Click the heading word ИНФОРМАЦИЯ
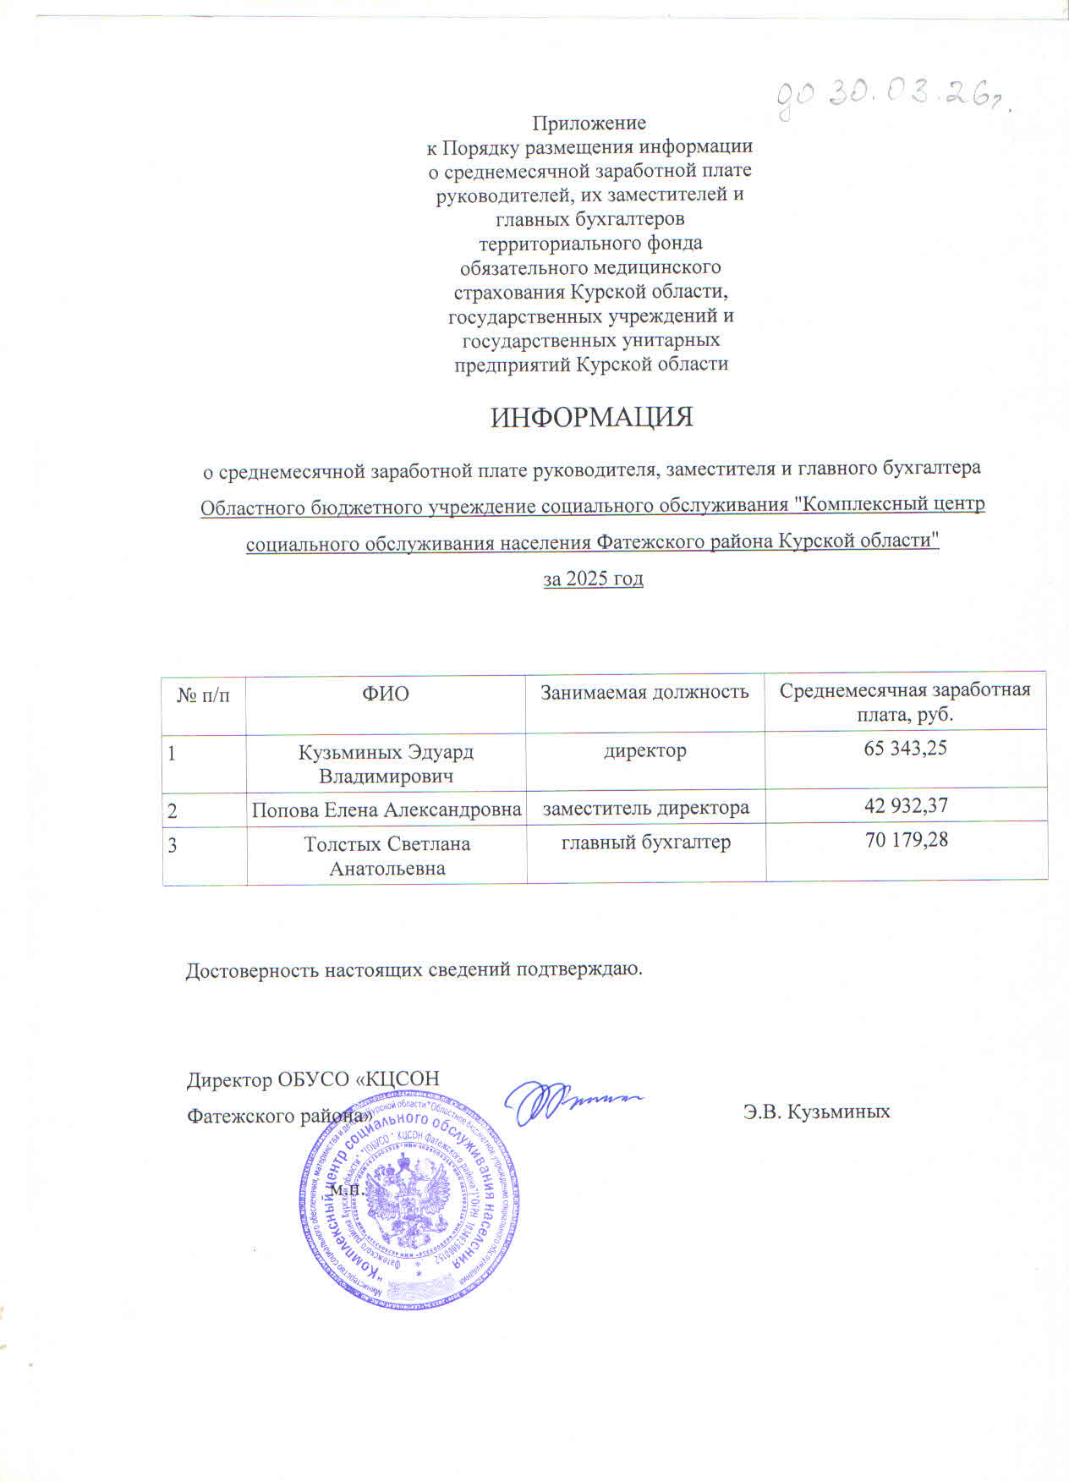(592, 418)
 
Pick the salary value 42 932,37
(905, 806)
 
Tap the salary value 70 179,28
(906, 840)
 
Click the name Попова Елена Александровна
(386, 810)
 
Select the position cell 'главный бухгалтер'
(646, 842)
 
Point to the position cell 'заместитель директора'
(645, 808)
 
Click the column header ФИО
(386, 694)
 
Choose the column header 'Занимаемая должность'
(644, 692)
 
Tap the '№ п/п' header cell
(203, 695)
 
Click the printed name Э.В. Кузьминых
(816, 1111)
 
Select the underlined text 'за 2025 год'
(592, 579)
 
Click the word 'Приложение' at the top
(588, 124)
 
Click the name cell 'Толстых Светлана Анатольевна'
(386, 856)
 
